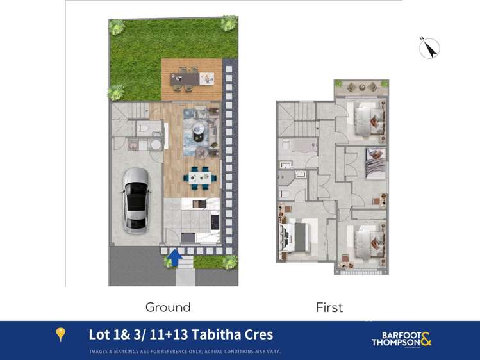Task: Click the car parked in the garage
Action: click(137, 199)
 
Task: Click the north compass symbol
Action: click(429, 47)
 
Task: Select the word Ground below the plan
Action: click(168, 307)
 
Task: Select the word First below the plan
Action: click(329, 307)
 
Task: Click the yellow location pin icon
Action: click(61, 334)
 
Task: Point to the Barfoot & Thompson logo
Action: click(402, 338)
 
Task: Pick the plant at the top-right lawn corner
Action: click(229, 24)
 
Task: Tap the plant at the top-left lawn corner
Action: click(117, 27)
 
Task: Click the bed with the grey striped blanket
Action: click(374, 164)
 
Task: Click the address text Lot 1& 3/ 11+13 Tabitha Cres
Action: click(181, 334)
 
